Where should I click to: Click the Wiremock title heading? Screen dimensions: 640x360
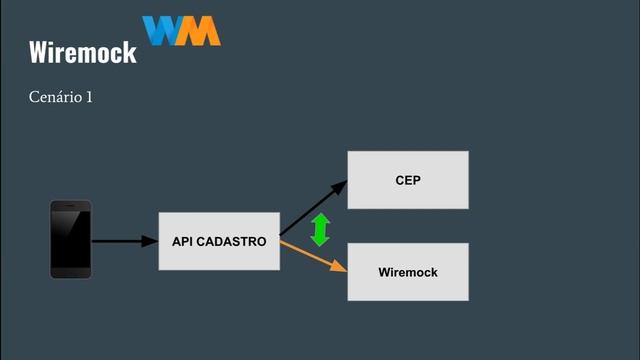point(82,52)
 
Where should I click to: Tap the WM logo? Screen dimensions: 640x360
point(181,31)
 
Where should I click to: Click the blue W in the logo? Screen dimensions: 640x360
point(161,31)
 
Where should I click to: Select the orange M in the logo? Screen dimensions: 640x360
point(201,31)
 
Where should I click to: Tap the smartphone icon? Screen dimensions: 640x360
point(71,239)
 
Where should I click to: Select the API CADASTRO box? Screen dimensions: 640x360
point(219,241)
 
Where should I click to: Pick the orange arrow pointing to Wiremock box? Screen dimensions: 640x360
point(313,255)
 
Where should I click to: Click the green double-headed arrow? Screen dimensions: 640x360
point(320,230)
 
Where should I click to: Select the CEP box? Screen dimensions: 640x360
point(407,180)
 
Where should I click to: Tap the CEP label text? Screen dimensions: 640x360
point(407,180)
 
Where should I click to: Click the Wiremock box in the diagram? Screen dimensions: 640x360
point(407,271)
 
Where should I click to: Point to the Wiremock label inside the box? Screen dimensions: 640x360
point(407,272)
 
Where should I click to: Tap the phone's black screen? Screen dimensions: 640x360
point(71,240)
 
